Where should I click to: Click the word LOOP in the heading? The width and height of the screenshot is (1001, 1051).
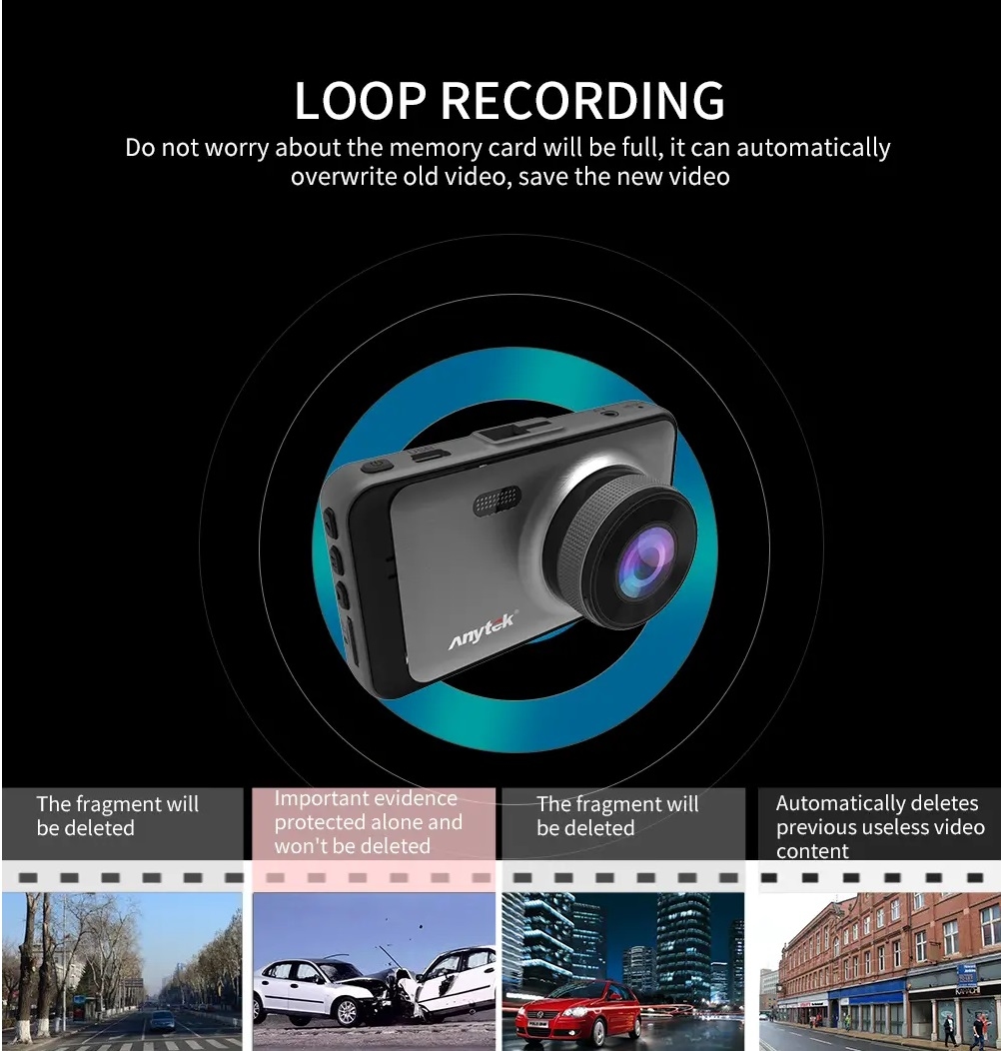[359, 101]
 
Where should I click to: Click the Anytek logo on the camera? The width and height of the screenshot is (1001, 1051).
[482, 630]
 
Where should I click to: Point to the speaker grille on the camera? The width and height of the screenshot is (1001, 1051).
[497, 502]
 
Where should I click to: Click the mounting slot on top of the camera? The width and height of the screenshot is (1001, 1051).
[506, 433]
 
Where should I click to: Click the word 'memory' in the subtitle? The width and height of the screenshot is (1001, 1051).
[435, 148]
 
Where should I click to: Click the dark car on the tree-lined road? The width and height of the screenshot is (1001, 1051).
[162, 1020]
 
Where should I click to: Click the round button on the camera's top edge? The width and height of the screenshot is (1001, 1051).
[376, 465]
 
